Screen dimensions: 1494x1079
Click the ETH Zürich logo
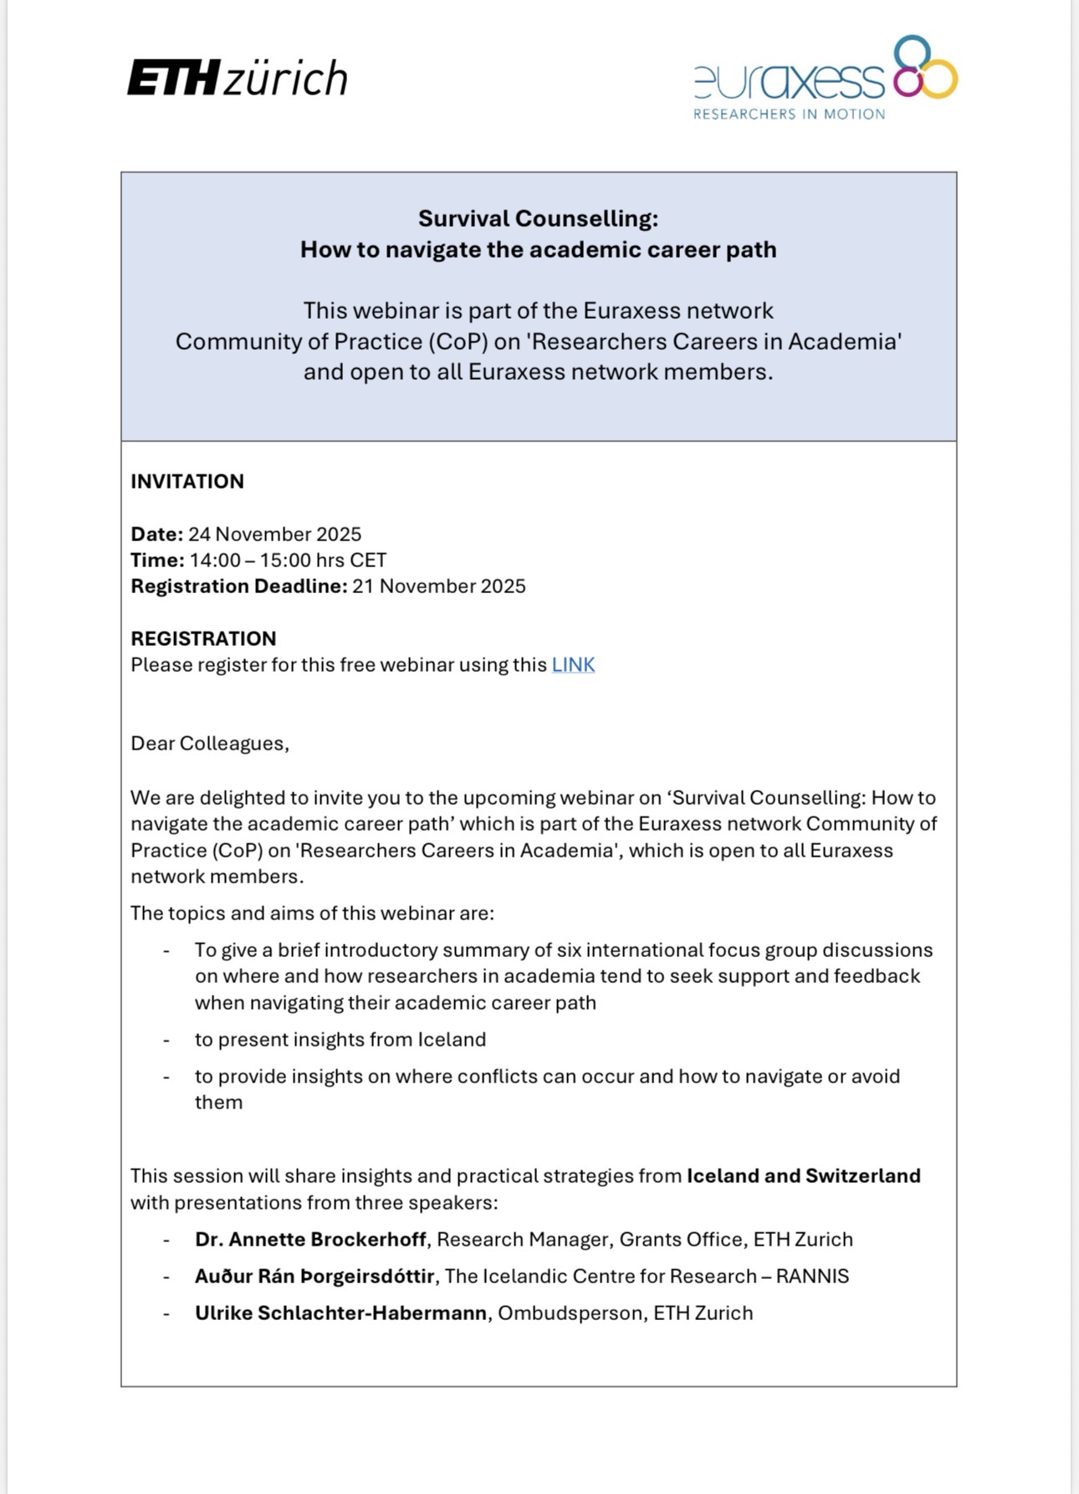pyautogui.click(x=237, y=79)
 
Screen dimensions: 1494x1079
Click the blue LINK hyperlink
pyautogui.click(x=573, y=665)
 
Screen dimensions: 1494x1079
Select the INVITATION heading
pyautogui.click(x=187, y=482)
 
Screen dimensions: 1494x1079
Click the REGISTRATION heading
pyautogui.click(x=203, y=639)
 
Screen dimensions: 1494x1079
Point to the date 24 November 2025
pyautogui.click(x=274, y=535)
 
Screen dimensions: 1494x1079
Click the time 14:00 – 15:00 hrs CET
pyautogui.click(x=288, y=560)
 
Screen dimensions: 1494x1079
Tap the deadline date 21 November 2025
pyautogui.click(x=438, y=586)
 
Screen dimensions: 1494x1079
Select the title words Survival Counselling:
pyautogui.click(x=538, y=219)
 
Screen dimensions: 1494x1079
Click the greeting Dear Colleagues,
pyautogui.click(x=210, y=744)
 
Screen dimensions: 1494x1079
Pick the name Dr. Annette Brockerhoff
pyautogui.click(x=310, y=1240)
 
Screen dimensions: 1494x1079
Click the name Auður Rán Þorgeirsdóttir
pyautogui.click(x=314, y=1277)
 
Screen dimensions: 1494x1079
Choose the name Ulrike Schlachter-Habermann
pyautogui.click(x=340, y=1313)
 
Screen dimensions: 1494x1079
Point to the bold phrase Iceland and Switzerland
pyautogui.click(x=803, y=1176)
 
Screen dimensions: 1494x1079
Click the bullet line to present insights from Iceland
pyautogui.click(x=340, y=1040)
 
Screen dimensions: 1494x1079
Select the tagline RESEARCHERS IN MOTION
pyautogui.click(x=789, y=115)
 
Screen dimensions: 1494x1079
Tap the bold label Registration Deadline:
pyautogui.click(x=238, y=586)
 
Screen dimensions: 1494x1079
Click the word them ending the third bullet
pyautogui.click(x=218, y=1103)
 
